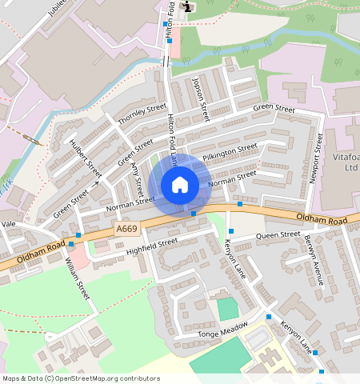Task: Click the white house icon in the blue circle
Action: click(180, 185)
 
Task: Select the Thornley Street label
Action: click(142, 114)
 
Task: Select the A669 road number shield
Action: click(126, 230)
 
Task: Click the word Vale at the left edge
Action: click(9, 225)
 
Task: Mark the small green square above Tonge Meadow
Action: click(227, 309)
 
